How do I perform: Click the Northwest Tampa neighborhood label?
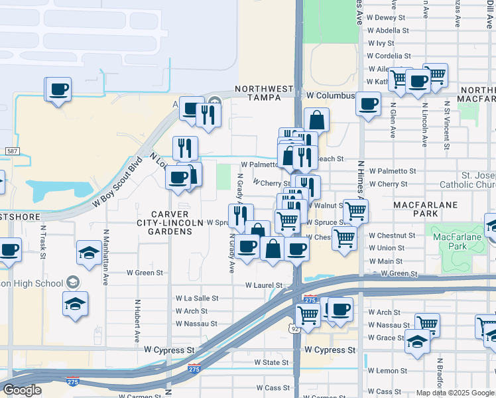click(264, 93)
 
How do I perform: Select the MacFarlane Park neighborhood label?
click(424, 209)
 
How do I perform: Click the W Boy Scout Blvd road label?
click(118, 183)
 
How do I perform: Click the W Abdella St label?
click(388, 31)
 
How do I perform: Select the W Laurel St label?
click(264, 286)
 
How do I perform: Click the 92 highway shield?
click(292, 328)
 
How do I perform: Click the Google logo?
click(23, 390)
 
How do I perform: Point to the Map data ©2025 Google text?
click(455, 393)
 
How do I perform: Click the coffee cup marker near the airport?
click(58, 89)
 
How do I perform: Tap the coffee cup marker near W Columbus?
click(368, 103)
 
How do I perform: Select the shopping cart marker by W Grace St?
click(427, 324)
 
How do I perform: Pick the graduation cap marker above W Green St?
click(88, 252)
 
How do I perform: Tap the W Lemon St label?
click(388, 371)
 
